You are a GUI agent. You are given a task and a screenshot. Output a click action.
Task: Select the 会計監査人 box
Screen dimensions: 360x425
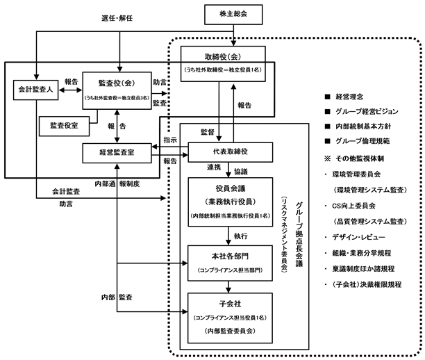36,90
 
